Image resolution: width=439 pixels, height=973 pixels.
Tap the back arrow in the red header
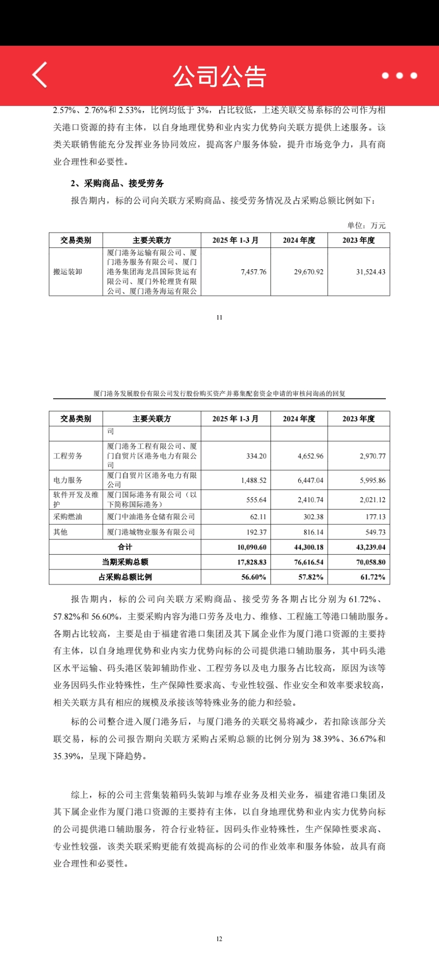[x=40, y=75]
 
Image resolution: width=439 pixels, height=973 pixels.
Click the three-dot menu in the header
[x=399, y=75]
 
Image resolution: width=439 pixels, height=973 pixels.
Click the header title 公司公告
[x=219, y=76]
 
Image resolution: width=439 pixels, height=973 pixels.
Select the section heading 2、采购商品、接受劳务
[x=117, y=183]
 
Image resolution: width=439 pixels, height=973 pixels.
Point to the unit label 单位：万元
[x=366, y=225]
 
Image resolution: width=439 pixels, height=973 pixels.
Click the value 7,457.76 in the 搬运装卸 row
[x=253, y=272]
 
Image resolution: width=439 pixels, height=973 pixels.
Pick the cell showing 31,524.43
[x=371, y=272]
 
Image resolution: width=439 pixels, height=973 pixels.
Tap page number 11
[x=219, y=317]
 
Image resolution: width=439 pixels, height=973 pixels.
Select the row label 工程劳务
[x=68, y=456]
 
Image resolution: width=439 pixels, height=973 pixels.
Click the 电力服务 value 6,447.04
[x=311, y=480]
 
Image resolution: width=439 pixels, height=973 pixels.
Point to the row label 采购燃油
[x=68, y=517]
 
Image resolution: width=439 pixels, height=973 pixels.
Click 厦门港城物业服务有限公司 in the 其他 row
[x=151, y=532]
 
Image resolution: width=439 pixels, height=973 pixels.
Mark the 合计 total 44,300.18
[x=309, y=547]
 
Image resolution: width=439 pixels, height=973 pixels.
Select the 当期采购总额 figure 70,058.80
[x=371, y=562]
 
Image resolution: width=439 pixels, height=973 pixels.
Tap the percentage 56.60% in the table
[x=253, y=577]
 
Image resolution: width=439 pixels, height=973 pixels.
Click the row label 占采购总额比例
[x=125, y=577]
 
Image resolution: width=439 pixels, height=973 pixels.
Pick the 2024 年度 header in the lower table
[x=299, y=419]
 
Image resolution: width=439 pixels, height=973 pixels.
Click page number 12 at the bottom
[x=219, y=939]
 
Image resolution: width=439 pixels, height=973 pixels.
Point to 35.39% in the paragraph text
[x=67, y=756]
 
